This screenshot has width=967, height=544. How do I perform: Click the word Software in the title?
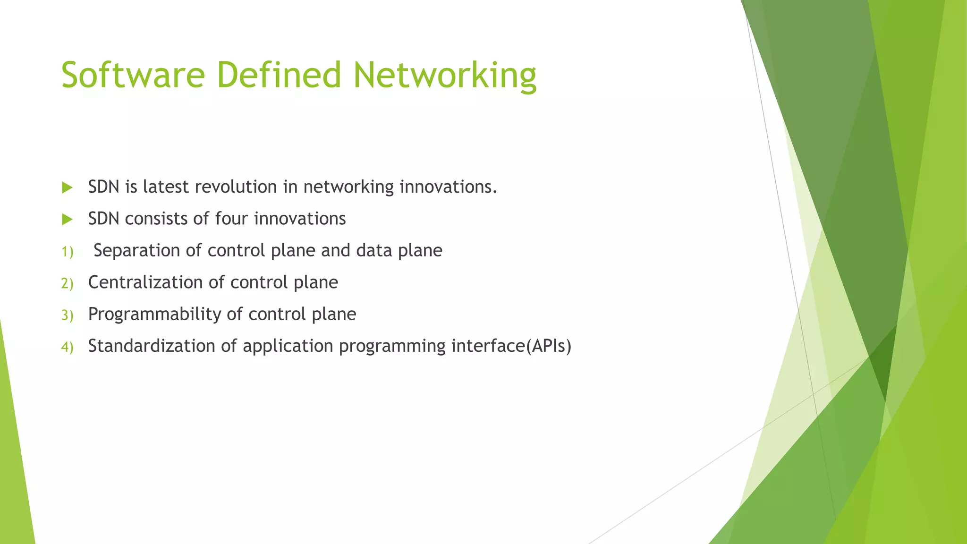tap(133, 75)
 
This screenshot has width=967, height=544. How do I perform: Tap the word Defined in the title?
tap(279, 75)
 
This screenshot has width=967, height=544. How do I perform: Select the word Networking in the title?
tap(445, 75)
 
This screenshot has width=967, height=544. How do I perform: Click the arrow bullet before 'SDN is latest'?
tap(67, 188)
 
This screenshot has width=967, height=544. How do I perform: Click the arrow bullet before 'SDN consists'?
tap(67, 220)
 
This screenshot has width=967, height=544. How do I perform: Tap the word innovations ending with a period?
tap(449, 187)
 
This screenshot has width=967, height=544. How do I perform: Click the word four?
tap(231, 219)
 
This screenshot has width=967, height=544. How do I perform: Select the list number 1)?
tap(67, 252)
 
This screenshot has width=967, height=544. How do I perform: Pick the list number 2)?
tap(67, 283)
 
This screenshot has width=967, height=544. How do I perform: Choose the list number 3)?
tap(67, 315)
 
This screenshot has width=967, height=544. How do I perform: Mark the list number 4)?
tap(67, 347)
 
